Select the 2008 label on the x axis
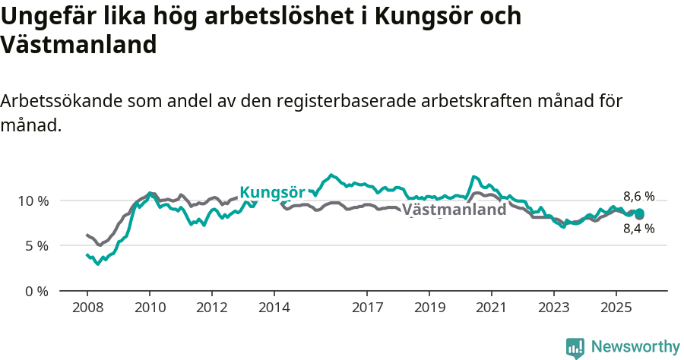tap(87, 309)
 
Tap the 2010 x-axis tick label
tap(149, 309)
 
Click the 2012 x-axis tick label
tap(211, 309)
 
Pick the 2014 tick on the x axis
tap(274, 309)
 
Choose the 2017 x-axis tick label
tap(367, 309)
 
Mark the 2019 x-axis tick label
tap(429, 309)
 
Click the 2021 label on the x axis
tap(492, 309)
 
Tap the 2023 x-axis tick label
tap(554, 309)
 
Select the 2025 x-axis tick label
tap(616, 309)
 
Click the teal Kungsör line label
tap(272, 192)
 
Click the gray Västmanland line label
tap(454, 210)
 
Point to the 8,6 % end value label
tap(638, 196)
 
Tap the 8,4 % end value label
tap(638, 228)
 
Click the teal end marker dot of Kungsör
tap(639, 213)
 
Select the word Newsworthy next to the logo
tap(635, 347)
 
